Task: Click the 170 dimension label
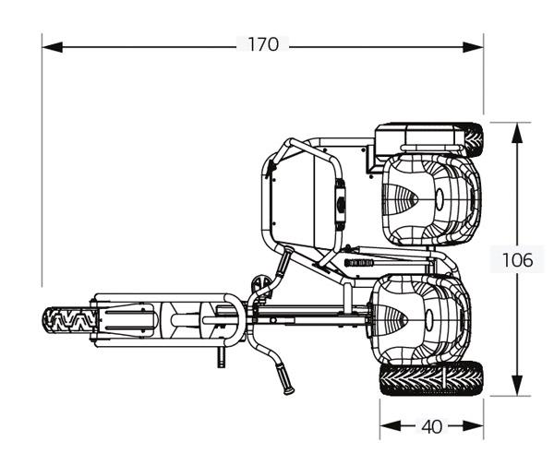point(262,45)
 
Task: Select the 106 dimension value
point(517,260)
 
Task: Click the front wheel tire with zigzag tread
point(70,322)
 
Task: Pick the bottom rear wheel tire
point(431,379)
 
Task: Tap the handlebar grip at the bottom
point(286,383)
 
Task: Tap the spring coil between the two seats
point(366,262)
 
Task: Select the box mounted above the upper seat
point(417,139)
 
